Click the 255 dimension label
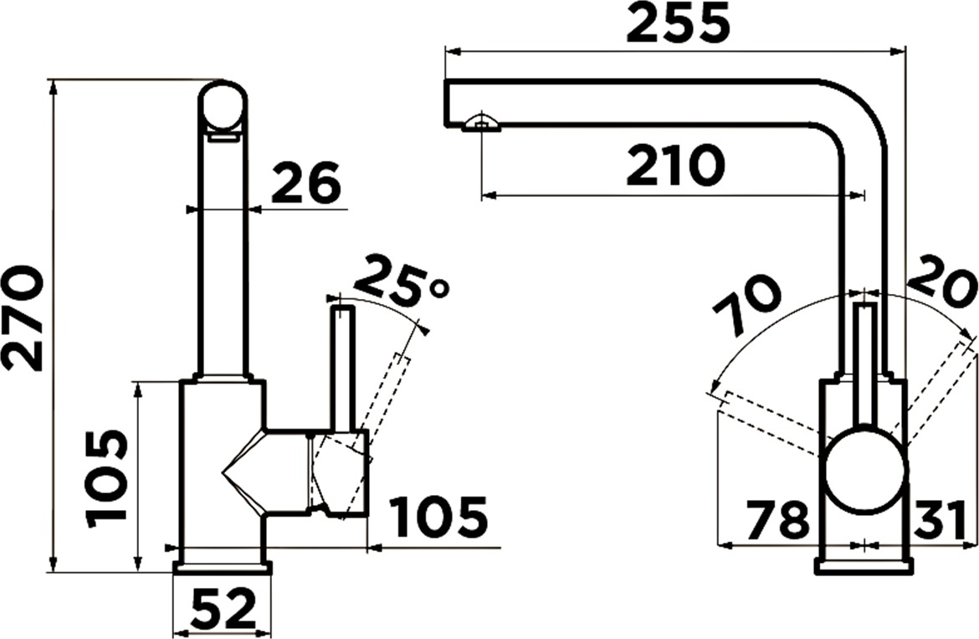click(678, 23)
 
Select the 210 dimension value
click(676, 166)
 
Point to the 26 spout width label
click(306, 183)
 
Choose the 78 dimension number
click(778, 520)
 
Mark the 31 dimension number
click(941, 520)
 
